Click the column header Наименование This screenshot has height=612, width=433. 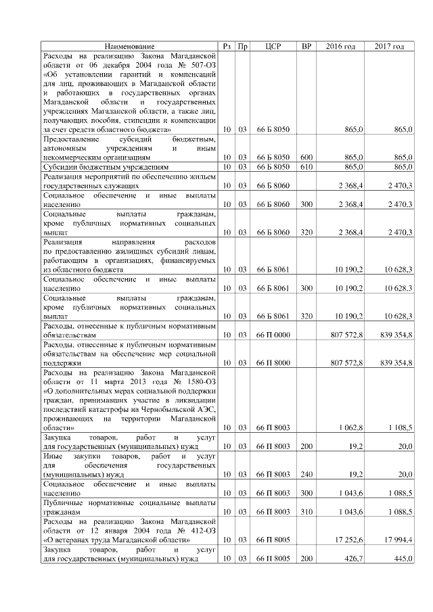click(129, 46)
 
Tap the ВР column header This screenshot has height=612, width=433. click(306, 46)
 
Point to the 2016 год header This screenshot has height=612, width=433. click(340, 46)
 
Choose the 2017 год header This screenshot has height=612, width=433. click(389, 46)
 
